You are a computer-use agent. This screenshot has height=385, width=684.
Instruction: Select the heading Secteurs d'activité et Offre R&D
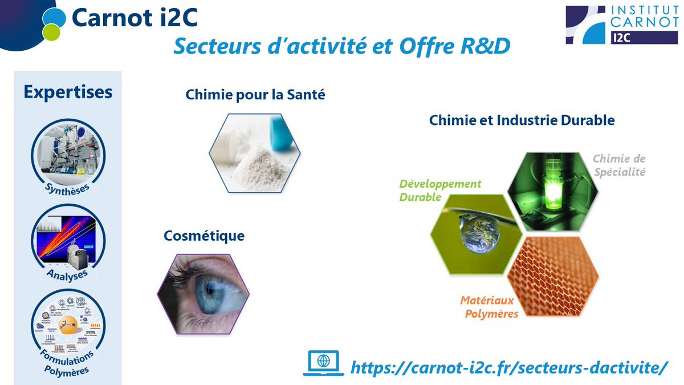point(342,47)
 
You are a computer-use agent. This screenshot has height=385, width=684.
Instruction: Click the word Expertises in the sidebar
point(68,92)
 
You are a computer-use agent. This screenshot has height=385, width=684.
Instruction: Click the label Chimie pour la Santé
point(255,95)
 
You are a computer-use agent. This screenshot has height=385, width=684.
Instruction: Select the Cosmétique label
point(203,235)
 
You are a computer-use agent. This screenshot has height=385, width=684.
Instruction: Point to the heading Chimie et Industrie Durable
point(522,120)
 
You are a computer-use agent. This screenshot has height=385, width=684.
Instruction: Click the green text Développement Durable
point(440,191)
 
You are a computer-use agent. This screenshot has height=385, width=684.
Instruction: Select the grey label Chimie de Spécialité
point(618,165)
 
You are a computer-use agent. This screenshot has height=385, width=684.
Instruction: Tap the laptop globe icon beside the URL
point(323,363)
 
